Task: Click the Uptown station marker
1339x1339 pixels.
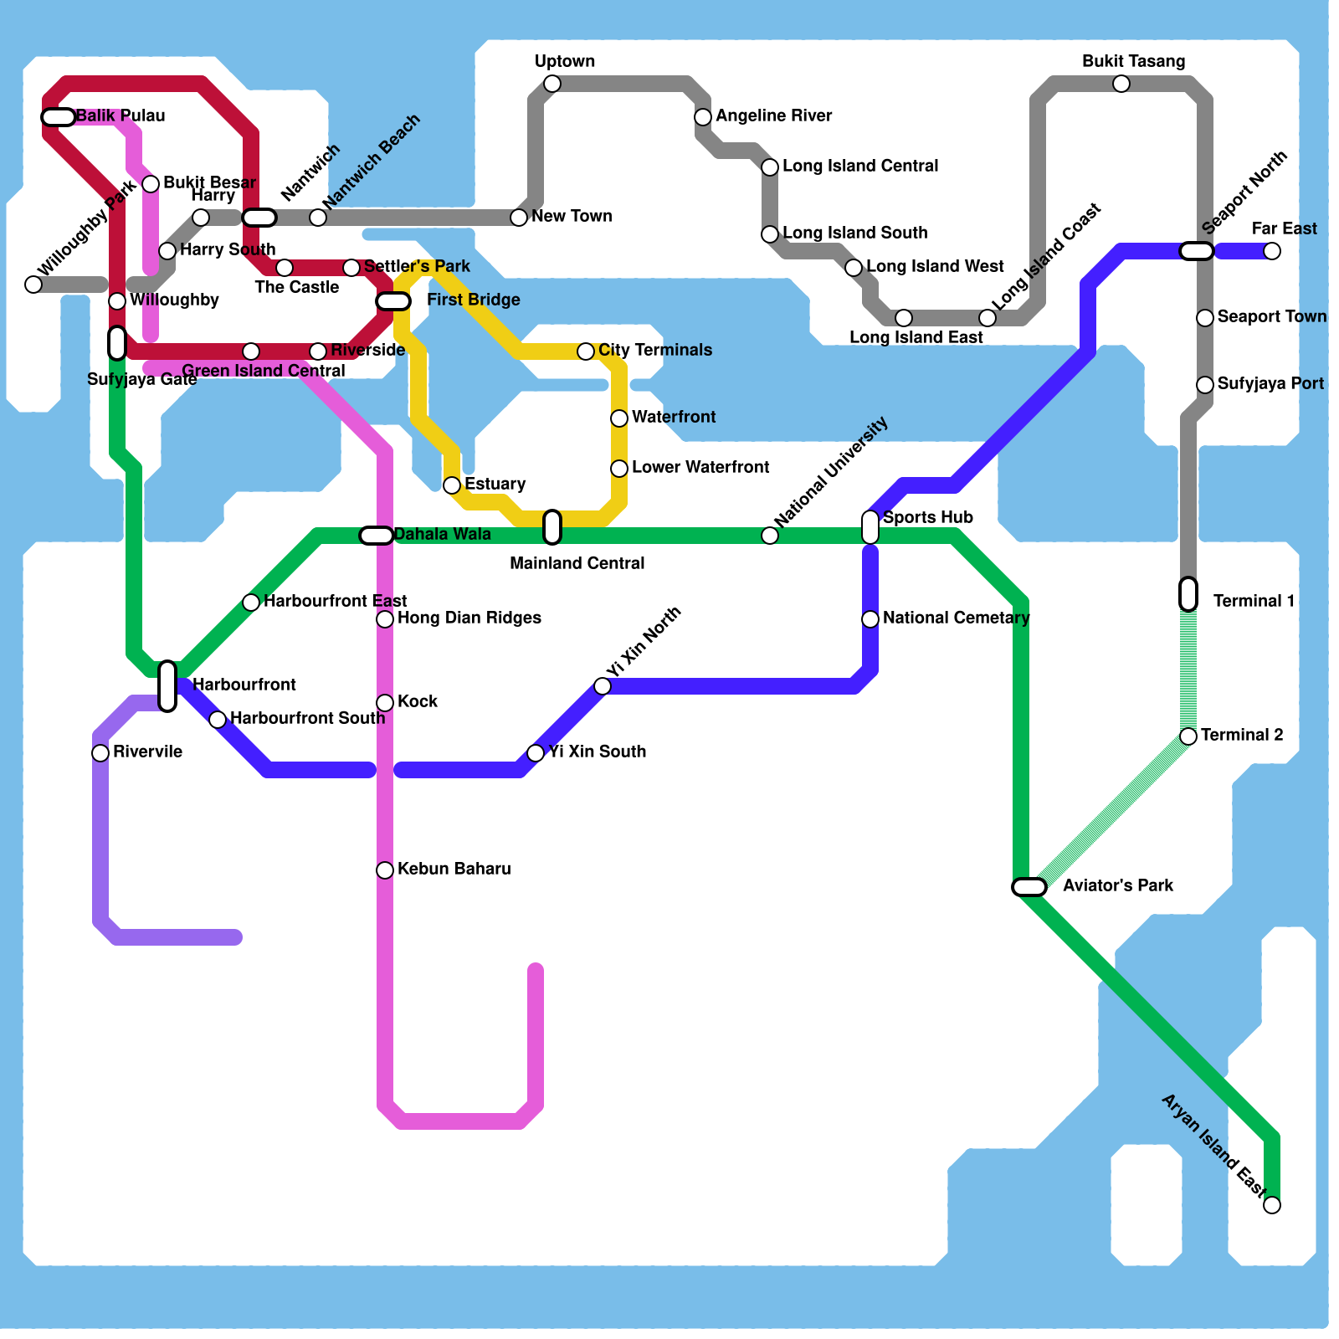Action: click(x=552, y=84)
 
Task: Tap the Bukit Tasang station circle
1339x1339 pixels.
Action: click(x=1121, y=84)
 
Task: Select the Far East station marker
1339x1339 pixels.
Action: click(x=1272, y=251)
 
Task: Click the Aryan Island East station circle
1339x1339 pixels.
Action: click(x=1272, y=1205)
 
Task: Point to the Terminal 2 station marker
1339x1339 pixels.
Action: click(x=1188, y=736)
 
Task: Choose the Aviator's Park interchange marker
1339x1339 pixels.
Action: click(x=1029, y=887)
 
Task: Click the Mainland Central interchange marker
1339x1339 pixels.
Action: click(x=552, y=527)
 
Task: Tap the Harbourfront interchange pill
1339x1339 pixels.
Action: click(x=167, y=686)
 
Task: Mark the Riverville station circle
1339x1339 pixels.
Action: click(x=100, y=753)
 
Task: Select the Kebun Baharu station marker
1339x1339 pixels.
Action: click(x=385, y=870)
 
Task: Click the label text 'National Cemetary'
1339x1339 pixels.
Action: click(x=956, y=618)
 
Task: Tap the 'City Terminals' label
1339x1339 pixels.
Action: click(x=655, y=351)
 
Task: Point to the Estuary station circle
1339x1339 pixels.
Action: click(x=452, y=485)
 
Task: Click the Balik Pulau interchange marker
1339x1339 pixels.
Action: click(x=59, y=117)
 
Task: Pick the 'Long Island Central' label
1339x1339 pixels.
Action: click(x=860, y=167)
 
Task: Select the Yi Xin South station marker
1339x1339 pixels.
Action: click(x=536, y=753)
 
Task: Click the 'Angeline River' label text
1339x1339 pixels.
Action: click(x=773, y=116)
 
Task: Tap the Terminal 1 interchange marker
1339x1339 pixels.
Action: click(x=1188, y=594)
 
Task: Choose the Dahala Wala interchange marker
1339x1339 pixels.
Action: click(x=377, y=536)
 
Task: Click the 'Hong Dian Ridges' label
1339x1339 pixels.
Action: click(x=469, y=618)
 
